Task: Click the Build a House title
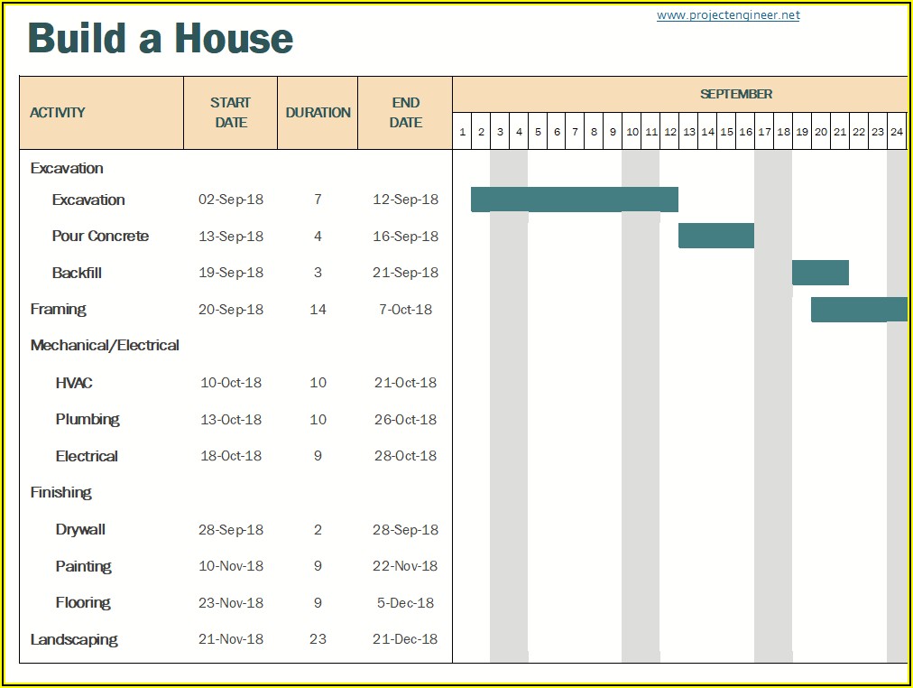tap(161, 39)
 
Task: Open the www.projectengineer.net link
tap(727, 15)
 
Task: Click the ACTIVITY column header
tap(58, 113)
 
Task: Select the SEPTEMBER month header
tap(736, 94)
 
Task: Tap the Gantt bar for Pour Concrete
tap(716, 236)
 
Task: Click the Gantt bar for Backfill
tap(820, 273)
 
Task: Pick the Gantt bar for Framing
tap(859, 309)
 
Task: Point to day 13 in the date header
tap(688, 132)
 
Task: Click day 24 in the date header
tap(896, 132)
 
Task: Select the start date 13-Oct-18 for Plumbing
tap(231, 420)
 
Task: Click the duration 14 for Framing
tap(318, 310)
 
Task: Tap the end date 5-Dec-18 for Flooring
tap(406, 603)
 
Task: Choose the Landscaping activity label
tap(74, 639)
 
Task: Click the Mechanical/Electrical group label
tap(105, 346)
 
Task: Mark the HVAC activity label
tap(74, 383)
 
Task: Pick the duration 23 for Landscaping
tap(318, 639)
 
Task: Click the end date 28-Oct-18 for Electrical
tap(406, 456)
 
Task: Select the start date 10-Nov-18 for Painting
tap(231, 566)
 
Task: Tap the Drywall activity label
tap(80, 530)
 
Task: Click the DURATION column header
tap(318, 113)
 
